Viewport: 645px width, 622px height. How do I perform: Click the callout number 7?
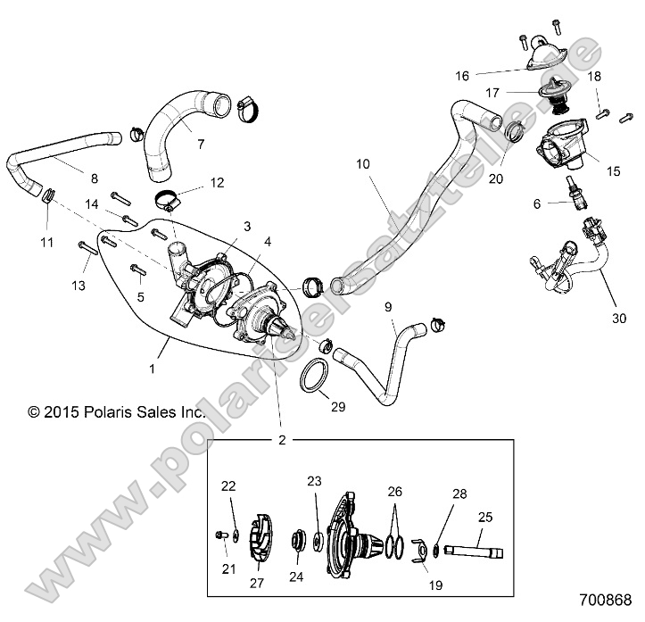[x=200, y=144]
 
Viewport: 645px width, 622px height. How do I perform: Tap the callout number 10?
[x=363, y=163]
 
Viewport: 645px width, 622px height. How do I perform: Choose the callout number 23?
[x=313, y=480]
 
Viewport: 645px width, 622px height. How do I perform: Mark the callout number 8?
[x=94, y=177]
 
